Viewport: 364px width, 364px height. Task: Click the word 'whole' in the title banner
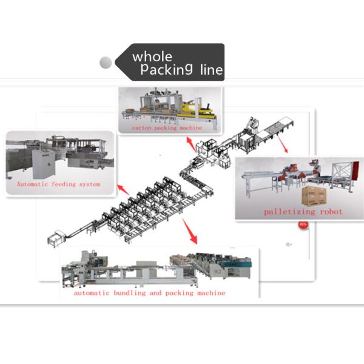pyautogui.click(x=152, y=56)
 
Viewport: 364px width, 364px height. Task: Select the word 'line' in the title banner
pyautogui.click(x=211, y=70)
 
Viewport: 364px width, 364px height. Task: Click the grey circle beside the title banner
pyautogui.click(x=106, y=62)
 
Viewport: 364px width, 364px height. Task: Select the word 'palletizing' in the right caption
pyautogui.click(x=288, y=212)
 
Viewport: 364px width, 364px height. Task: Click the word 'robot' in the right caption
pyautogui.click(x=330, y=212)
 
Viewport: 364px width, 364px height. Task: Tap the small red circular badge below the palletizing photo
pyautogui.click(x=302, y=225)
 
